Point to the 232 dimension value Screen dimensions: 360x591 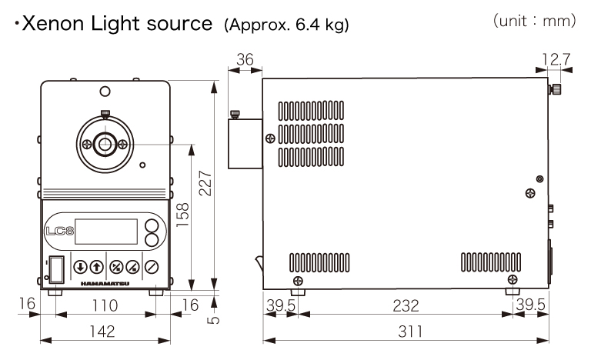406,306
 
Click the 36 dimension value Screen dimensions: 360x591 245,60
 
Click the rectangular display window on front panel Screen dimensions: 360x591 111,232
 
